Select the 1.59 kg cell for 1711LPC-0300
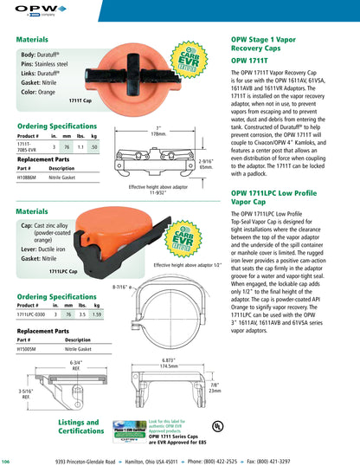click(97, 314)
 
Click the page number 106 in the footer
click(6, 462)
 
